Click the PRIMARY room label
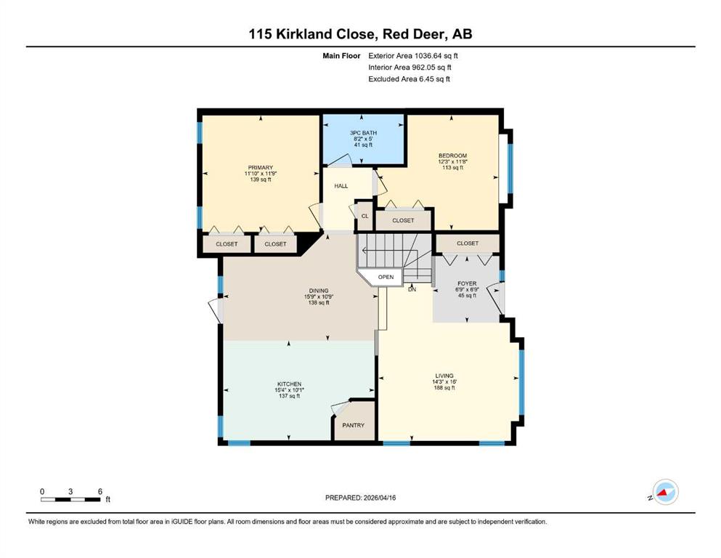[x=261, y=167]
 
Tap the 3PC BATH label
[x=363, y=133]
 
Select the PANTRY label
[x=353, y=426]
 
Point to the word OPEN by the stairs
[x=386, y=277]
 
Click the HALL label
[x=341, y=186]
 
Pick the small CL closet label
[x=364, y=216]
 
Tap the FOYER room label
[x=467, y=284]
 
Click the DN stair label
[x=412, y=289]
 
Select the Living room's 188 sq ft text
[x=444, y=388]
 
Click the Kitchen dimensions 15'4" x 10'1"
[x=289, y=390]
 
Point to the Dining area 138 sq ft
[x=319, y=303]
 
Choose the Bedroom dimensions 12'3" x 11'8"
[x=453, y=162]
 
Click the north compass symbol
[x=665, y=492]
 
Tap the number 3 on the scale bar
[x=70, y=491]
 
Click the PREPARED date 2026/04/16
[x=379, y=498]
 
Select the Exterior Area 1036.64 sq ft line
[x=413, y=56]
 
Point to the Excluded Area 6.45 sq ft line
[x=410, y=78]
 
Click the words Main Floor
[x=341, y=56]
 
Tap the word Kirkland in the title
[x=304, y=34]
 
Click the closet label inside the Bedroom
[x=403, y=221]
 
